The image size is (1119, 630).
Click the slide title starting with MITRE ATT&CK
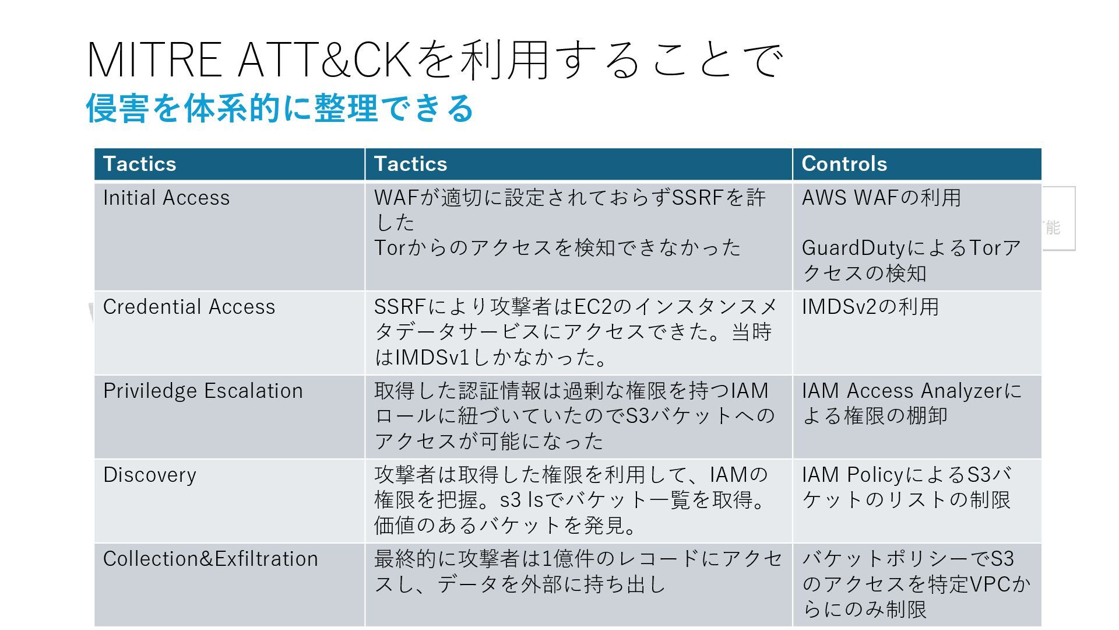pyautogui.click(x=434, y=60)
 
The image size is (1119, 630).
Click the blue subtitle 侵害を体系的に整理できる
pyautogui.click(x=280, y=108)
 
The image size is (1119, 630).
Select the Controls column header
pyautogui.click(x=844, y=164)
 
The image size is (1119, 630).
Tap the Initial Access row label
pyautogui.click(x=166, y=198)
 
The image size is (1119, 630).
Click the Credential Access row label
pyautogui.click(x=189, y=307)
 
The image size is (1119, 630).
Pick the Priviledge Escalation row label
pyautogui.click(x=203, y=391)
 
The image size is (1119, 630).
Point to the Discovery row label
pyautogui.click(x=150, y=475)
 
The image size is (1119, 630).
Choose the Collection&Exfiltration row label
pyautogui.click(x=210, y=559)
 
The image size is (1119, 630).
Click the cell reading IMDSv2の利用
pyautogui.click(x=870, y=307)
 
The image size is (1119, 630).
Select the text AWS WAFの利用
pyautogui.click(x=881, y=198)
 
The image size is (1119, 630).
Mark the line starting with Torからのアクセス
pyautogui.click(x=557, y=248)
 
